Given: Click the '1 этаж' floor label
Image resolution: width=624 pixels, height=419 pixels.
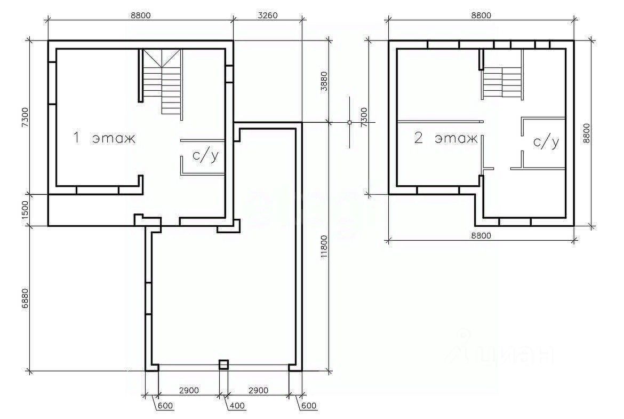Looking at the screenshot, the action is [104, 138].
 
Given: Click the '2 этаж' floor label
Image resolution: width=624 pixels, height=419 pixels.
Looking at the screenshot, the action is [446, 138].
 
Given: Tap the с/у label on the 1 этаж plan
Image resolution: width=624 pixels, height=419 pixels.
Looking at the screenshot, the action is [205, 156].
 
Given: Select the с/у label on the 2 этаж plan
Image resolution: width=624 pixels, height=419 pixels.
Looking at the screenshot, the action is [546, 142].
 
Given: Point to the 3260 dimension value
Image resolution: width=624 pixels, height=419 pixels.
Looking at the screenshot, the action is [267, 15].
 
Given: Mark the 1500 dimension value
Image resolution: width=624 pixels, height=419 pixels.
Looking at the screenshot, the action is [25, 210].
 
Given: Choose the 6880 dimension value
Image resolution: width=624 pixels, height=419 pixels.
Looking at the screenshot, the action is [25, 299].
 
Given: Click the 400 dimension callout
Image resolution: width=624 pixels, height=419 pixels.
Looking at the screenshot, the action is [237, 406].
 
